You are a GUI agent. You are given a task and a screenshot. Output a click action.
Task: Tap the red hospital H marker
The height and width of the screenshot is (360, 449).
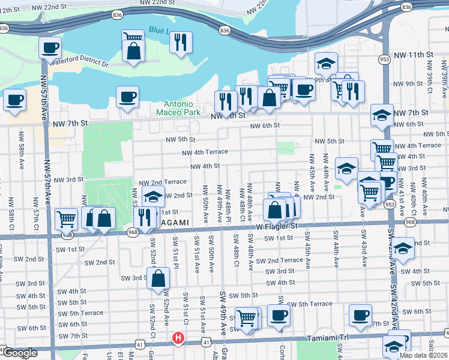click(x=178, y=338)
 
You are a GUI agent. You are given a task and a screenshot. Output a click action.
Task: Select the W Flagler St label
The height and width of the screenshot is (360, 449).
click(x=277, y=226)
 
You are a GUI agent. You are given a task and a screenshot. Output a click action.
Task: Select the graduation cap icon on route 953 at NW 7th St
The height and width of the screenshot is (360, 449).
click(x=381, y=115)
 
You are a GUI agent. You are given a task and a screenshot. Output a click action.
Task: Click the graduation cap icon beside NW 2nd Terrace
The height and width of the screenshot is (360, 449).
click(x=154, y=196)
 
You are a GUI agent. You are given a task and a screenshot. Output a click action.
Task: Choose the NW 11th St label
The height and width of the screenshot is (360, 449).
click(x=414, y=55)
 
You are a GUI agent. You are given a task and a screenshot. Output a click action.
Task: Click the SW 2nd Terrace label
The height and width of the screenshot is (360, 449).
click(x=280, y=260)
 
